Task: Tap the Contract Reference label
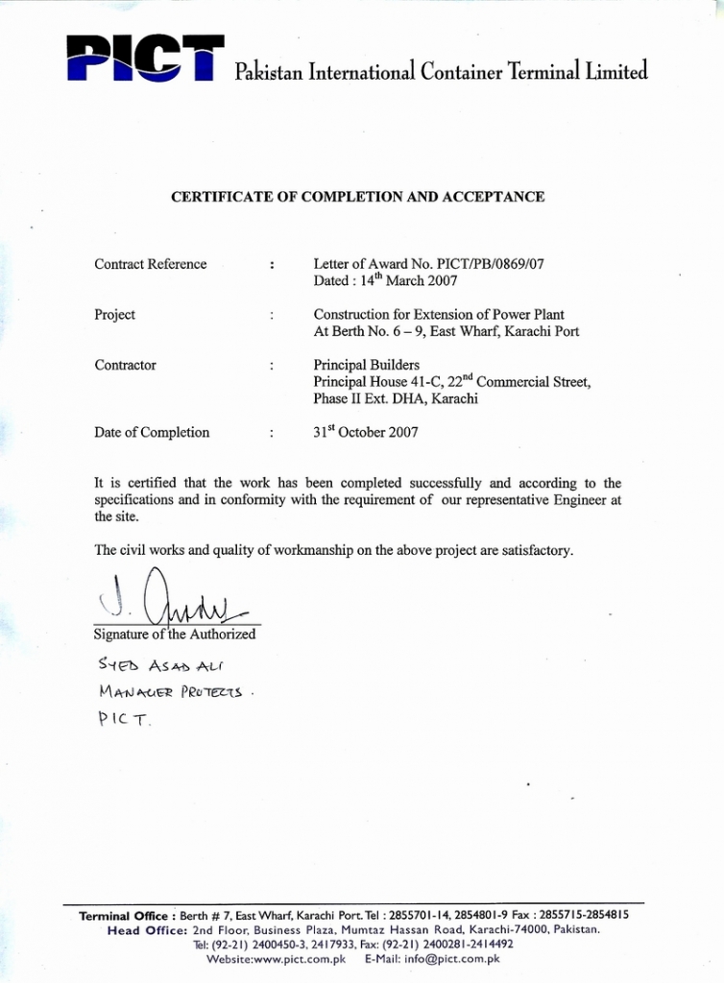150,264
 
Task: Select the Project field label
114,315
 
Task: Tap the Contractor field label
125,365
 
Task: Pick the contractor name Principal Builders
366,365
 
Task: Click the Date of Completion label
152,432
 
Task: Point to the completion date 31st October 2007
366,432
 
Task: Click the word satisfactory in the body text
536,551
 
